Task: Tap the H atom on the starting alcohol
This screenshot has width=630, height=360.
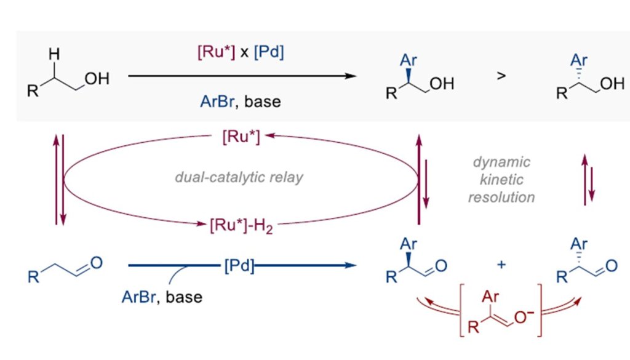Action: pos(54,55)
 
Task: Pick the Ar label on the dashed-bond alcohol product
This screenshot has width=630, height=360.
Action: pos(577,60)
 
